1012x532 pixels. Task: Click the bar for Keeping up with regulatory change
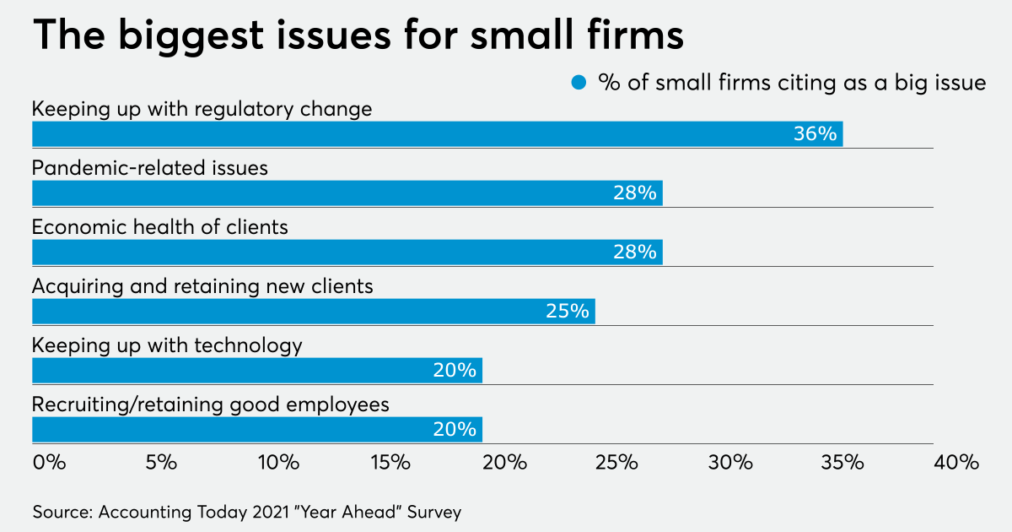pyautogui.click(x=437, y=134)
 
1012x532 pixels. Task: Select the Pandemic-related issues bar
pyautogui.click(x=347, y=193)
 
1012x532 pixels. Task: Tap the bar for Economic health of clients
pyautogui.click(x=347, y=252)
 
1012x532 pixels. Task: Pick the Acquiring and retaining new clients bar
pyautogui.click(x=313, y=312)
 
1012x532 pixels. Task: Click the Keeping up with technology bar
pyautogui.click(x=256, y=371)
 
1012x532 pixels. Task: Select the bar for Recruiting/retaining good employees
pyautogui.click(x=256, y=430)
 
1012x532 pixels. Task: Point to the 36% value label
pyautogui.click(x=815, y=134)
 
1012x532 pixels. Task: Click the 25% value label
pyautogui.click(x=567, y=312)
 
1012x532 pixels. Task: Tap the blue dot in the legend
pyautogui.click(x=579, y=83)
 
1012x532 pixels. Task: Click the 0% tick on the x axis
pyautogui.click(x=49, y=463)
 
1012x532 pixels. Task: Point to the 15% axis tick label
pyautogui.click(x=391, y=463)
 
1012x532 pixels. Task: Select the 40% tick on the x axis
pyautogui.click(x=956, y=463)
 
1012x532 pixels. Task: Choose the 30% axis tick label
pyautogui.click(x=730, y=463)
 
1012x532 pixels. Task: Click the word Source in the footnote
pyautogui.click(x=62, y=512)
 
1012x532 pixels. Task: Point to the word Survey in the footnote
pyautogui.click(x=430, y=512)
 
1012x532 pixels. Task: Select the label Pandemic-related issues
pyautogui.click(x=150, y=168)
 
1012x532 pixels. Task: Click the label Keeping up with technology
pyautogui.click(x=167, y=345)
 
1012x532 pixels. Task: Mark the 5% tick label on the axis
pyautogui.click(x=161, y=463)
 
